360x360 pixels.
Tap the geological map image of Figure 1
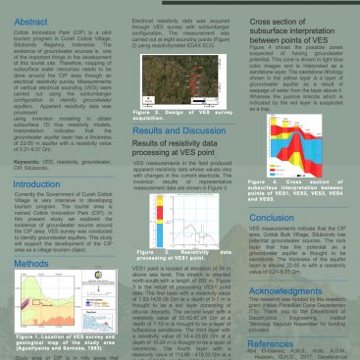62,302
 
